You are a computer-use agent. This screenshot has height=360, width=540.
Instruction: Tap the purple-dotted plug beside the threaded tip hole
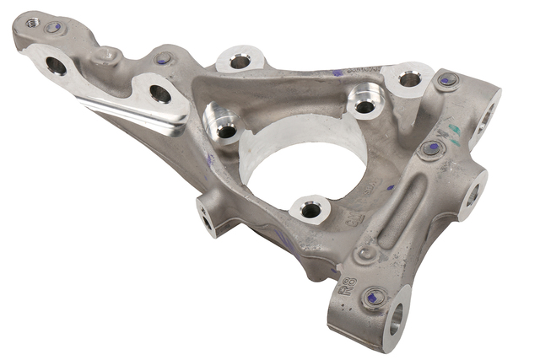[56, 27]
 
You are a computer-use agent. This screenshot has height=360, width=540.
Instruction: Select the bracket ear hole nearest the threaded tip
[56, 65]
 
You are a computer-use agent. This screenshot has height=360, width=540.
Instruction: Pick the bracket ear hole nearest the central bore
[159, 93]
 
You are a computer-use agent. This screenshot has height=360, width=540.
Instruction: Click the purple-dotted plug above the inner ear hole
[164, 59]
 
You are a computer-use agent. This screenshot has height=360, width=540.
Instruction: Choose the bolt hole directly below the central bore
[310, 210]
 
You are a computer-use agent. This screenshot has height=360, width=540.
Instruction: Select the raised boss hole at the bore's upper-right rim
[364, 106]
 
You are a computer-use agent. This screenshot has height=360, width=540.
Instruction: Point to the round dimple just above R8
[365, 253]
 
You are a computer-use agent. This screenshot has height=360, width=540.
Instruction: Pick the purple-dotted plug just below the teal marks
[433, 149]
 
